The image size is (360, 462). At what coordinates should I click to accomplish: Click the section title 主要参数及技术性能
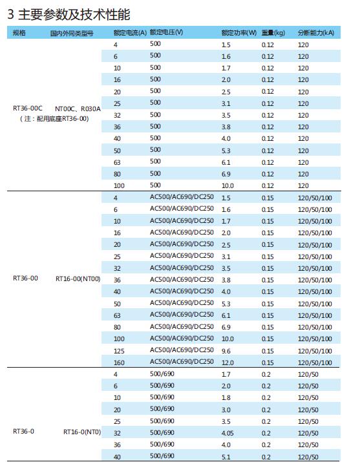74,14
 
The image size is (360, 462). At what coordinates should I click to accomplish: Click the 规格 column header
19,33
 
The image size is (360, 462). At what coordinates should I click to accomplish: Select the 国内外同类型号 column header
72,34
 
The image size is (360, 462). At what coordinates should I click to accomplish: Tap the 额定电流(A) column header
130,33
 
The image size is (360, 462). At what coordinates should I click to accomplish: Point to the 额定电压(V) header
166,32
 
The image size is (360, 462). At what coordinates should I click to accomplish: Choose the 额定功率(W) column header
239,33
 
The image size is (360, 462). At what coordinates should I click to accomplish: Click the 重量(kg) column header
273,33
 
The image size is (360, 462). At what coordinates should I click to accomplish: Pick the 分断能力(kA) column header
316,33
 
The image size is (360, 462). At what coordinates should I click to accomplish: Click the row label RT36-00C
27,108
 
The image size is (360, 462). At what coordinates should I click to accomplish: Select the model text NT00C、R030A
78,109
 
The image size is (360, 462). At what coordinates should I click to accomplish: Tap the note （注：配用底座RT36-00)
54,119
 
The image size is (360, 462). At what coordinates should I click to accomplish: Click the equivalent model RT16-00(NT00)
78,278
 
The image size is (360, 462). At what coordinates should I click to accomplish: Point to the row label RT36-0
23,432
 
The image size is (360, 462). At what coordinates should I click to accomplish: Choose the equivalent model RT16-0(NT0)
82,432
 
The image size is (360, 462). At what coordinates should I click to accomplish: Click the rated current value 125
119,351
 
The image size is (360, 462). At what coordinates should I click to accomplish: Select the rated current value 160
119,362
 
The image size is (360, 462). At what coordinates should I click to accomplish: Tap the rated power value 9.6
226,351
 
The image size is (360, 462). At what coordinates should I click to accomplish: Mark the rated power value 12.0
228,362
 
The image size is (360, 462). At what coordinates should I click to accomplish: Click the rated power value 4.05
228,433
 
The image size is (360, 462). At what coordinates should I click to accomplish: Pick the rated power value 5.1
226,457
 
